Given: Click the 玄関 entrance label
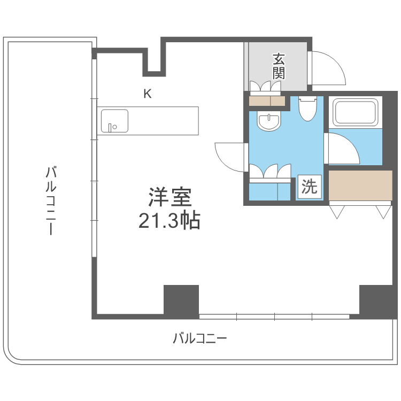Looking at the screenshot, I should (x=279, y=66).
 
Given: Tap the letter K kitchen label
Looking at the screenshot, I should (x=148, y=94).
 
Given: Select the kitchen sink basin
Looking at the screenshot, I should (x=114, y=121).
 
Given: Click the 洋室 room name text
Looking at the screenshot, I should (x=170, y=198).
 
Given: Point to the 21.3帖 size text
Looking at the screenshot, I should (x=169, y=220).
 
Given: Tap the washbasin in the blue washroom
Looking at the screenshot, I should (x=268, y=122).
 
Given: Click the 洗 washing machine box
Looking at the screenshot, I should (x=310, y=187).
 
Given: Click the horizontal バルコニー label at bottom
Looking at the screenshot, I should (x=200, y=338).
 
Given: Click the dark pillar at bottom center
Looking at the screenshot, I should (x=181, y=302).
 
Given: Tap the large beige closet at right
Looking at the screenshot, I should (x=360, y=185).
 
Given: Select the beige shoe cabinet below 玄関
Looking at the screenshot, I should (x=267, y=101).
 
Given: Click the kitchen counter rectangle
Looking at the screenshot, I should (x=149, y=121).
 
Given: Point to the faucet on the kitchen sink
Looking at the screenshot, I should (x=110, y=127).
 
